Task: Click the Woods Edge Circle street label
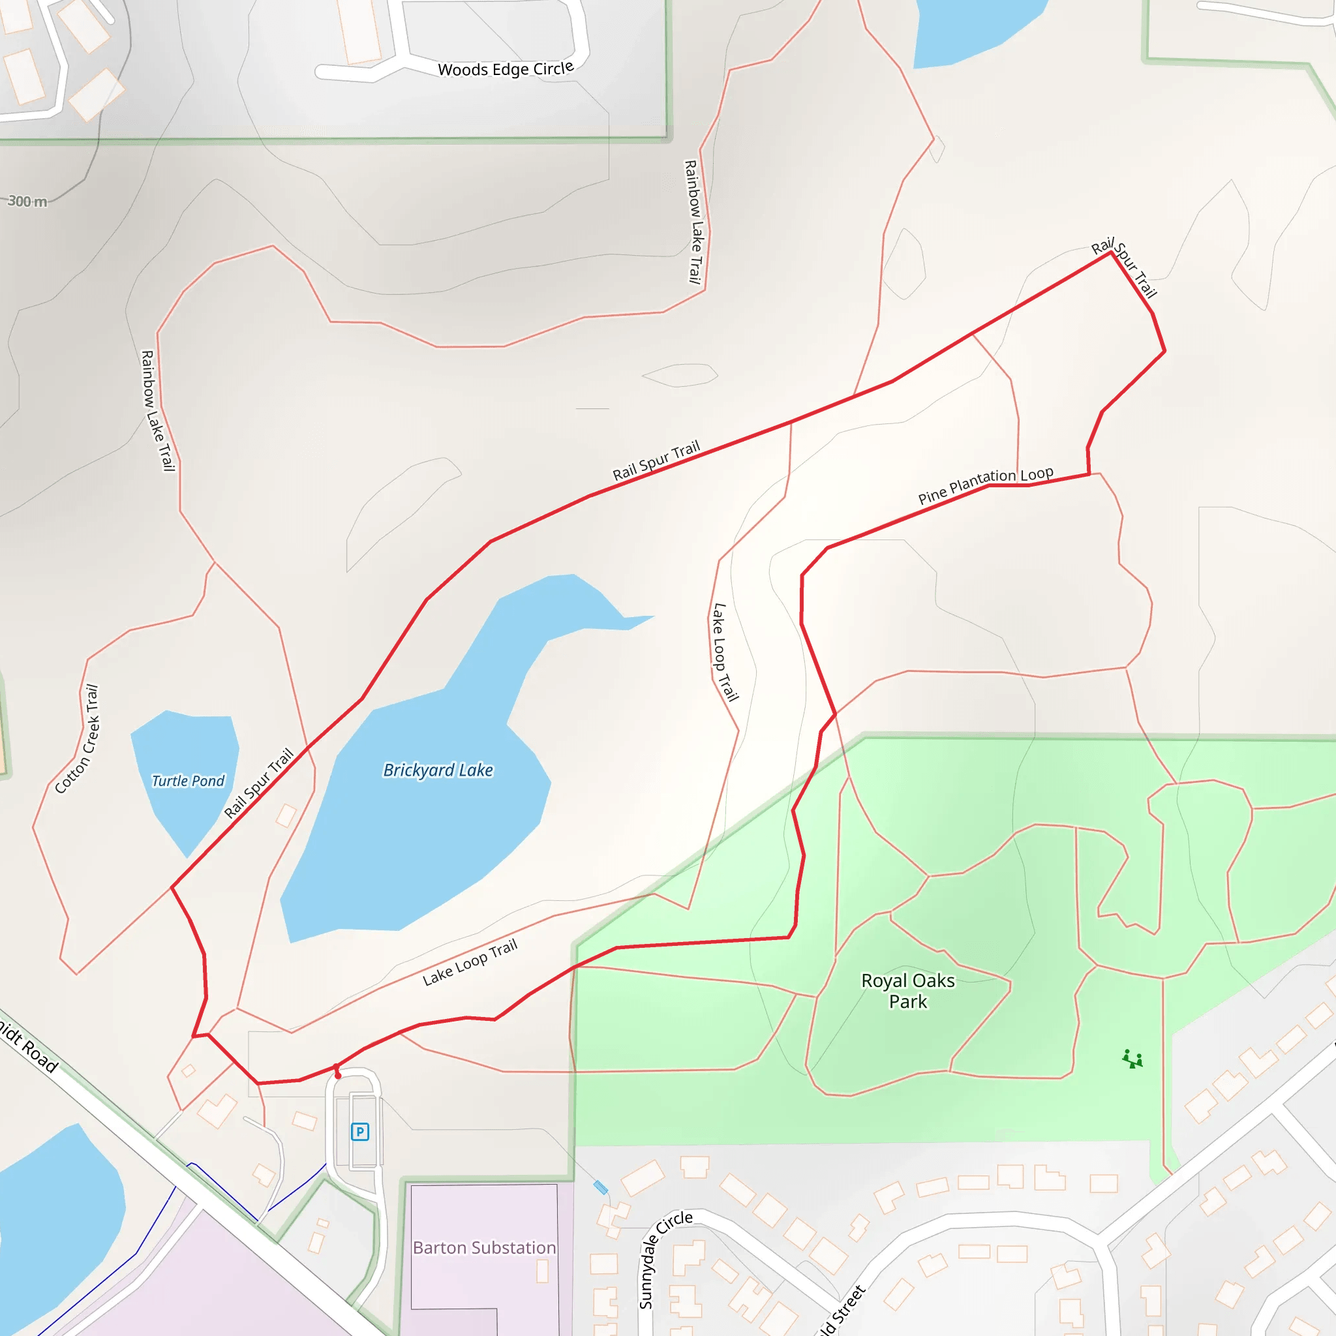point(506,69)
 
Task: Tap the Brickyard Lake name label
point(438,770)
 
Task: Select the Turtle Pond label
point(188,781)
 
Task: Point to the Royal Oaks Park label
point(908,990)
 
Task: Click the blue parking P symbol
point(359,1132)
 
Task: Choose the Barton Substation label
point(484,1247)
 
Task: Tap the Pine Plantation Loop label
point(986,485)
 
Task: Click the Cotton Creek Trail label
point(78,738)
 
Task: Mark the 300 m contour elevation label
point(27,201)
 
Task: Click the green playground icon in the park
point(1132,1059)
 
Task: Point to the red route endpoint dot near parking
point(337,1075)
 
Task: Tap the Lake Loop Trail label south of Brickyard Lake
point(470,962)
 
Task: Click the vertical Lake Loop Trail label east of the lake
point(725,652)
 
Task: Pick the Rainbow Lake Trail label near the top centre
point(693,221)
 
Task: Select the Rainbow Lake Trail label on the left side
point(157,411)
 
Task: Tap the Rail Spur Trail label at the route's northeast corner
point(1124,267)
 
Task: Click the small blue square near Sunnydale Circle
point(600,1187)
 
